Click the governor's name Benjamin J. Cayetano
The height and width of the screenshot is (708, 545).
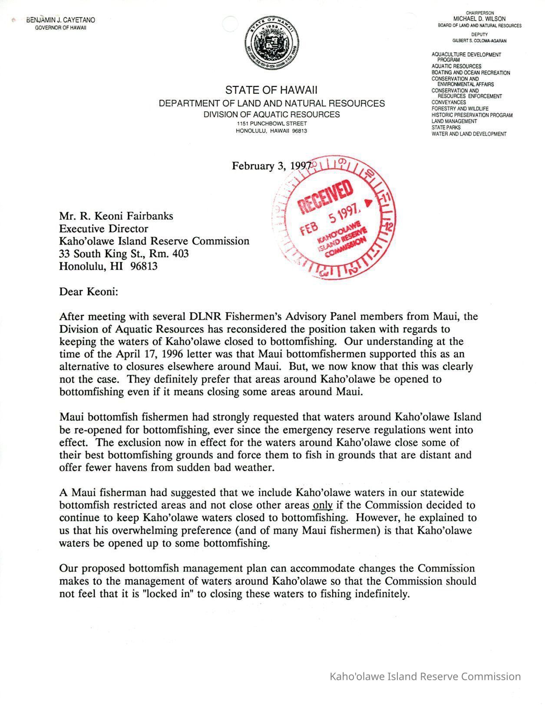click(61, 20)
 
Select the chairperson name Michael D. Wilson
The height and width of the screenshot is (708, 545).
click(479, 19)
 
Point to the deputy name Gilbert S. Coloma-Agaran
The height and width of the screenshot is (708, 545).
click(479, 41)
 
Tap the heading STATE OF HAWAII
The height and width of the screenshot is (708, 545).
click(271, 90)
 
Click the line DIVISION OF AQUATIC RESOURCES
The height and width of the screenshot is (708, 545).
click(272, 115)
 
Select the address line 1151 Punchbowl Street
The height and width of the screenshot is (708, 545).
click(271, 124)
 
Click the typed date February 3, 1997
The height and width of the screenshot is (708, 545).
click(271, 166)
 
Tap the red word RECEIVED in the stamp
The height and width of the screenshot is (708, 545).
click(325, 198)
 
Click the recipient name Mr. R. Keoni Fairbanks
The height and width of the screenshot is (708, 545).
click(116, 216)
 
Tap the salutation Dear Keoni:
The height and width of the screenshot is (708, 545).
click(89, 291)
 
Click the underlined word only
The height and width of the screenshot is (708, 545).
click(322, 505)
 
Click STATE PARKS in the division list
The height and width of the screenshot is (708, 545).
click(446, 128)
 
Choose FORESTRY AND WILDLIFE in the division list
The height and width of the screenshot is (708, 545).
click(460, 109)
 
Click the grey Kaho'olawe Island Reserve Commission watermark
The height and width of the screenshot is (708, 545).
click(425, 676)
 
